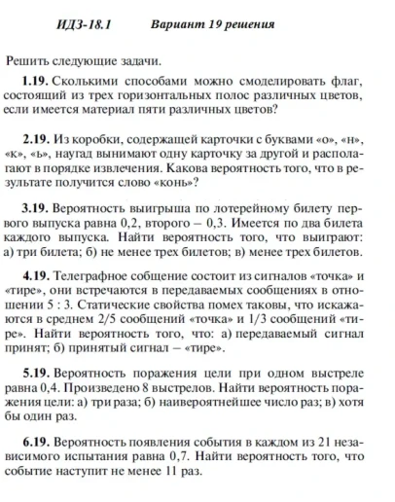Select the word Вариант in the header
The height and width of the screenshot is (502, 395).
point(180,21)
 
